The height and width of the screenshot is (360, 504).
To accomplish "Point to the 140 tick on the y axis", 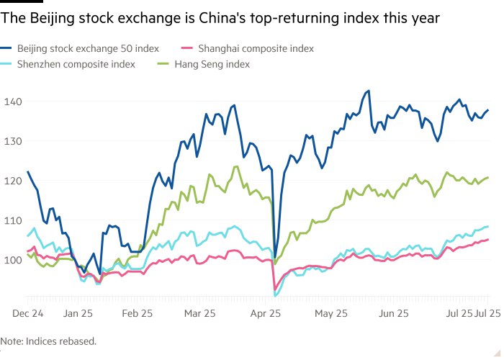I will [x=12, y=102].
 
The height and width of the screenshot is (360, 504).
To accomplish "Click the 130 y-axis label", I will [x=12, y=141].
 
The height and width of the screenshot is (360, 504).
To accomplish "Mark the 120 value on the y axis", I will [x=12, y=181].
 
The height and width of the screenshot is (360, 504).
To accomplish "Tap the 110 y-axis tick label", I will [x=12, y=220].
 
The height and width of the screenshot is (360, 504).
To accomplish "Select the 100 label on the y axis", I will [x=12, y=260].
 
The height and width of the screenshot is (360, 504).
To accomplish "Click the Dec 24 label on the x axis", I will [x=28, y=314].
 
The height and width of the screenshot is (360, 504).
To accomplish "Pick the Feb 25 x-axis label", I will [x=137, y=314].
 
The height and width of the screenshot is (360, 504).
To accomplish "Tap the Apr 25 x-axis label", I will [x=266, y=314].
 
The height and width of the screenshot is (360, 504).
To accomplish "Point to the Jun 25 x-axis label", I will [x=394, y=314].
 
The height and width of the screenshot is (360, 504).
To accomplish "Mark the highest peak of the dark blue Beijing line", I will [x=369, y=91].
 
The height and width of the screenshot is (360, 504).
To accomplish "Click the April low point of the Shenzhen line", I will [x=276, y=296].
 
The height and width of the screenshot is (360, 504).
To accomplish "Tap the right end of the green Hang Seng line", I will [x=488, y=177].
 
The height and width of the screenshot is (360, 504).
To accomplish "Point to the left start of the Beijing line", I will [x=27, y=171].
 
